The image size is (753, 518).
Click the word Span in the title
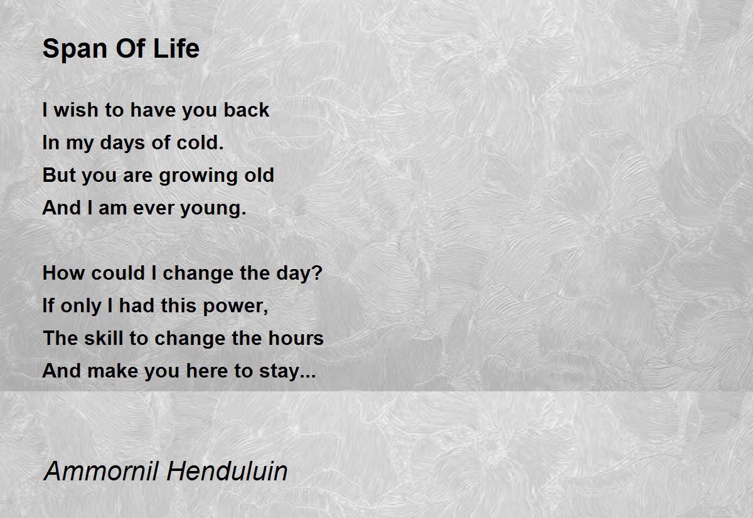(75, 50)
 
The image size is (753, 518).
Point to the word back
(247, 110)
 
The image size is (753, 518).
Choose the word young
(213, 209)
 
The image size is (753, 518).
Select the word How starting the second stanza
(63, 273)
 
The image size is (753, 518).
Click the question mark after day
(317, 273)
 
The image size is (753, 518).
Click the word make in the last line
(112, 371)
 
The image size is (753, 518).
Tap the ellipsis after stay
(307, 376)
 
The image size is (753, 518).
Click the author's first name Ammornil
(101, 471)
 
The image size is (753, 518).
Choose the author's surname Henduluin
(227, 471)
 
